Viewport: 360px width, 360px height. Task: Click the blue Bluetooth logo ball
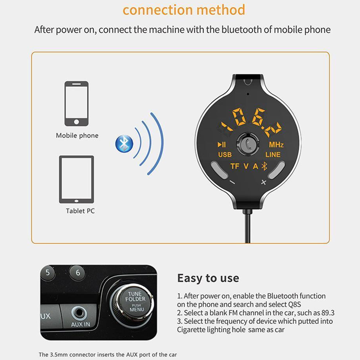click(x=124, y=143)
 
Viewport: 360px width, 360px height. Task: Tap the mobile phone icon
click(x=77, y=103)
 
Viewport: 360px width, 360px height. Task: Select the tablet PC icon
click(x=77, y=179)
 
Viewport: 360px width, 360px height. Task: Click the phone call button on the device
click(x=248, y=144)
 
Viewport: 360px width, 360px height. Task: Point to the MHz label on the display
click(x=276, y=145)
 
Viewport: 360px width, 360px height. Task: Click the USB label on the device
click(x=225, y=154)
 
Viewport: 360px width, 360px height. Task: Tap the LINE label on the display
click(x=273, y=154)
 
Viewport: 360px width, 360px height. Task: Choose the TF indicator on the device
click(x=235, y=166)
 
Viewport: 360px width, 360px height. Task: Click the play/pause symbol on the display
click(x=222, y=145)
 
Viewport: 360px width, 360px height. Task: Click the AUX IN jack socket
click(x=79, y=313)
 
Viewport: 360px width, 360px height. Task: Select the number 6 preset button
click(x=78, y=273)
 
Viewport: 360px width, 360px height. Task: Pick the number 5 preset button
click(x=47, y=273)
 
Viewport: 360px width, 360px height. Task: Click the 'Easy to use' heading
click(x=208, y=278)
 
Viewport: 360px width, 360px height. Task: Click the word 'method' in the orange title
click(x=221, y=10)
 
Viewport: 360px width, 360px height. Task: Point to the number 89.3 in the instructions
click(x=328, y=313)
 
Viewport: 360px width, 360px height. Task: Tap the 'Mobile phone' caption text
click(x=77, y=135)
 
